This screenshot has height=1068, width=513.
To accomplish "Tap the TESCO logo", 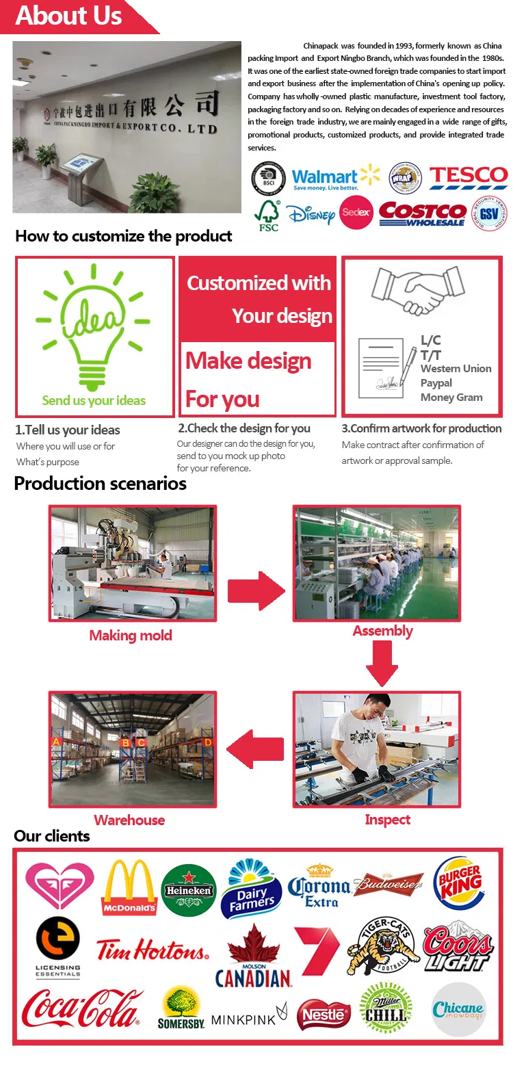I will (x=469, y=177).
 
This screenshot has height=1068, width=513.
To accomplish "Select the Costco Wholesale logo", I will (x=422, y=213).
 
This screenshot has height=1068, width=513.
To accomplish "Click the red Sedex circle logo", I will (x=356, y=213).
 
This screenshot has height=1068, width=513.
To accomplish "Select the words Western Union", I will (x=456, y=369).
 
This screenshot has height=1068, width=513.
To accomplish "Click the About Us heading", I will (x=68, y=15).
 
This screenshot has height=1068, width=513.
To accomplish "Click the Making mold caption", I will (x=131, y=636).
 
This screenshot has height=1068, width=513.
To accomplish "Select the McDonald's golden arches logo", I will (x=129, y=887).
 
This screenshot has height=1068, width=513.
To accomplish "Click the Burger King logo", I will (x=459, y=883).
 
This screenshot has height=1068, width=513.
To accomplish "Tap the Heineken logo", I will (x=189, y=890).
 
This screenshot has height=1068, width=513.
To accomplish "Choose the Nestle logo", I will (x=324, y=1015).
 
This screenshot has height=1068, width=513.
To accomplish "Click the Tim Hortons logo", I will (x=152, y=950).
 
